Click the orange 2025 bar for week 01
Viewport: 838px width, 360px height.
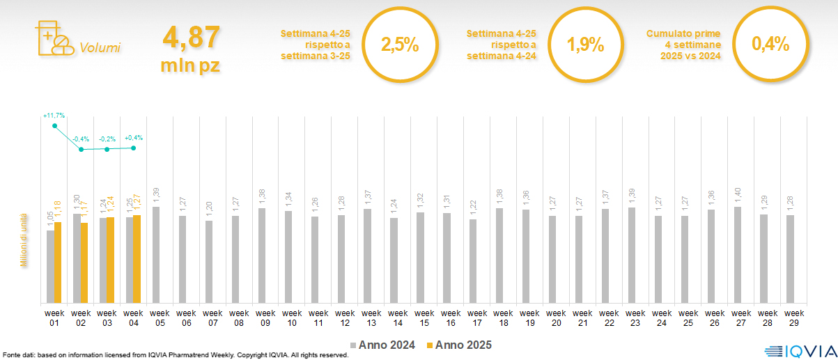[x=58, y=263]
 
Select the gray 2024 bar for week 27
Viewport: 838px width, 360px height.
[x=737, y=255]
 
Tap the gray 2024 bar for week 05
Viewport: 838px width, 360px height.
[x=156, y=255]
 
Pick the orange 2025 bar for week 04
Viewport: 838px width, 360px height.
[x=137, y=259]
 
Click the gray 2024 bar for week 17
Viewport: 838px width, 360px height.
[x=473, y=261]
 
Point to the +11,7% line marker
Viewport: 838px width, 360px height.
[x=54, y=125]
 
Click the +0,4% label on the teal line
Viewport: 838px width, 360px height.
[x=133, y=138]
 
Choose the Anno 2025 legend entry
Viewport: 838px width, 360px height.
[x=459, y=345]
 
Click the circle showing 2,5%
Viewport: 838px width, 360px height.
[x=400, y=45]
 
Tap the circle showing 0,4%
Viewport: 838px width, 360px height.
[x=770, y=45]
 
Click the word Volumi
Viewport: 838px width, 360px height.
[x=100, y=48]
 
